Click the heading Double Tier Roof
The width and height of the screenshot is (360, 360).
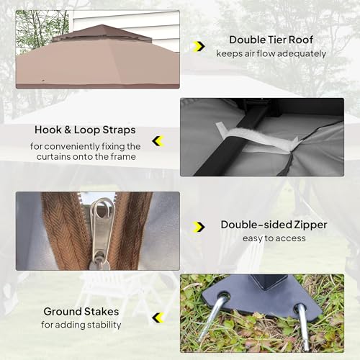(x=271, y=40)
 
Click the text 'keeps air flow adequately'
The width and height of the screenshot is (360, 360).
(x=271, y=53)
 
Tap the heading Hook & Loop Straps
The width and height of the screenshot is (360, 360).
(x=85, y=130)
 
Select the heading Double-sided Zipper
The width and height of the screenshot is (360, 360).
(x=274, y=225)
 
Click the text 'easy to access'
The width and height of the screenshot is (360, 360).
(x=274, y=238)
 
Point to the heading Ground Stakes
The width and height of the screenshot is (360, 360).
(x=81, y=312)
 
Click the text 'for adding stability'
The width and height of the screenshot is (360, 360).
(x=81, y=325)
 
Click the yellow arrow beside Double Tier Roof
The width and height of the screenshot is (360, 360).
(x=199, y=46)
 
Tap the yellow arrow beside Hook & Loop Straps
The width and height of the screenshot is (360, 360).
(x=158, y=140)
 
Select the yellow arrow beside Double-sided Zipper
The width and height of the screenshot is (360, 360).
(x=199, y=228)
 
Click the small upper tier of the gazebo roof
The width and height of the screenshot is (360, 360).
(x=102, y=32)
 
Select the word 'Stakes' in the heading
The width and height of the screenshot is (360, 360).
(x=102, y=312)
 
